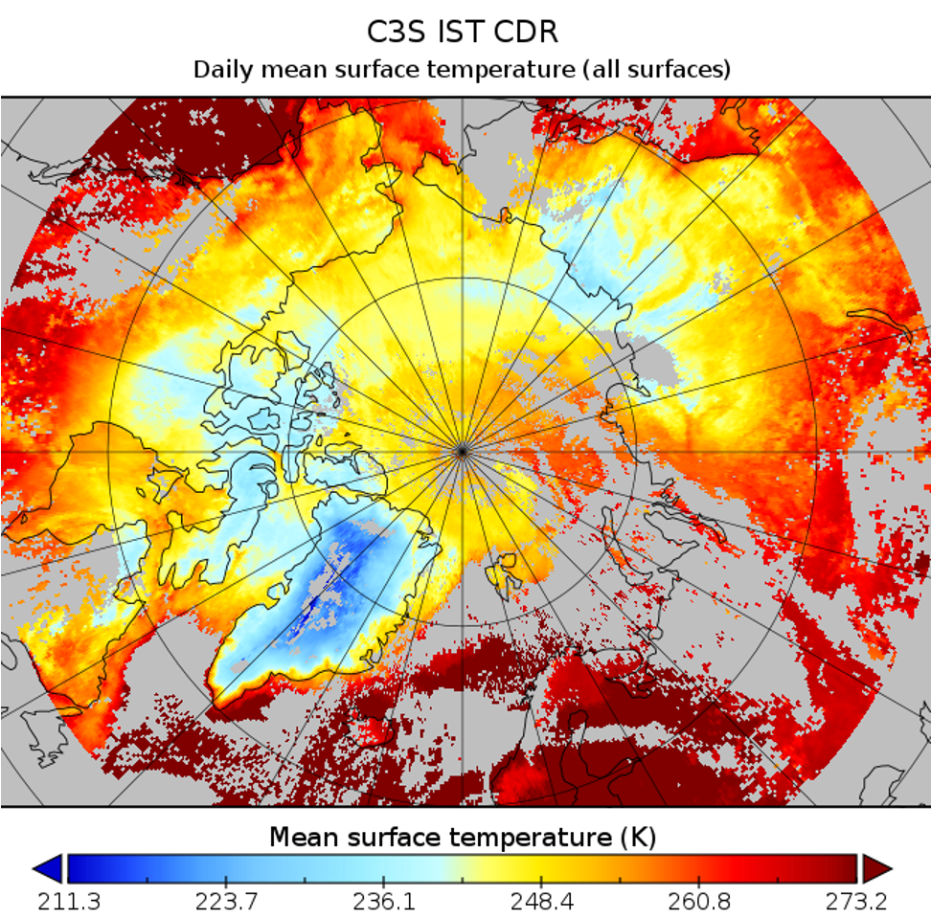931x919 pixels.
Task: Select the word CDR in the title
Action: click(527, 32)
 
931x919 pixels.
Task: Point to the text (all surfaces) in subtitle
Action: click(658, 70)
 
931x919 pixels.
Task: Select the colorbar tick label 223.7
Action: click(225, 903)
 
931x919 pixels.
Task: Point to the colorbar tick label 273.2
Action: click(856, 903)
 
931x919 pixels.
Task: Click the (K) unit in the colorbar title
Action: click(637, 838)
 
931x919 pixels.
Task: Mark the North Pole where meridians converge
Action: click(462, 449)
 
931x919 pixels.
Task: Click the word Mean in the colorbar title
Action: click(303, 838)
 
